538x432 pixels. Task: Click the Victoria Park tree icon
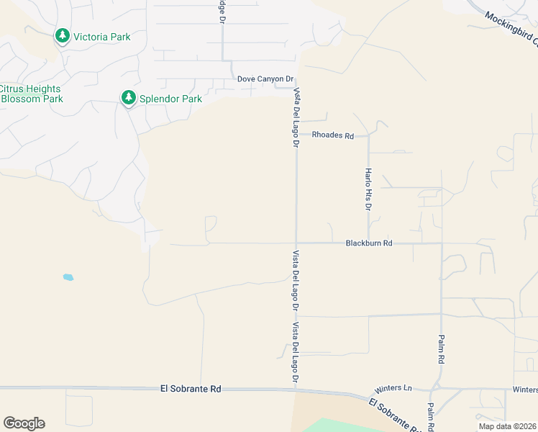pyautogui.click(x=63, y=36)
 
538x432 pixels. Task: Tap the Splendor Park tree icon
pyautogui.click(x=129, y=98)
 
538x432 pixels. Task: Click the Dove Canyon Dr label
pyautogui.click(x=266, y=79)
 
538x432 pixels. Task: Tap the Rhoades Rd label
pyautogui.click(x=333, y=135)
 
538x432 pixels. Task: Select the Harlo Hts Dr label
pyautogui.click(x=368, y=189)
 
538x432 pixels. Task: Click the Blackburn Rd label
pyautogui.click(x=368, y=243)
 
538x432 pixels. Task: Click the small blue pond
pyautogui.click(x=68, y=277)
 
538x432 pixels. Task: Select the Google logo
pyautogui.click(x=24, y=423)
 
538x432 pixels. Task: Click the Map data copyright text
pyautogui.click(x=506, y=426)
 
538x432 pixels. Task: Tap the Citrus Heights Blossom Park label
pyautogui.click(x=32, y=94)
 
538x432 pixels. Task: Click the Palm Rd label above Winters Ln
pyautogui.click(x=441, y=349)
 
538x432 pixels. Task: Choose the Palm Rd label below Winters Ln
pyautogui.click(x=429, y=416)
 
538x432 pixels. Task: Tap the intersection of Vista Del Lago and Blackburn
pyautogui.click(x=296, y=243)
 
